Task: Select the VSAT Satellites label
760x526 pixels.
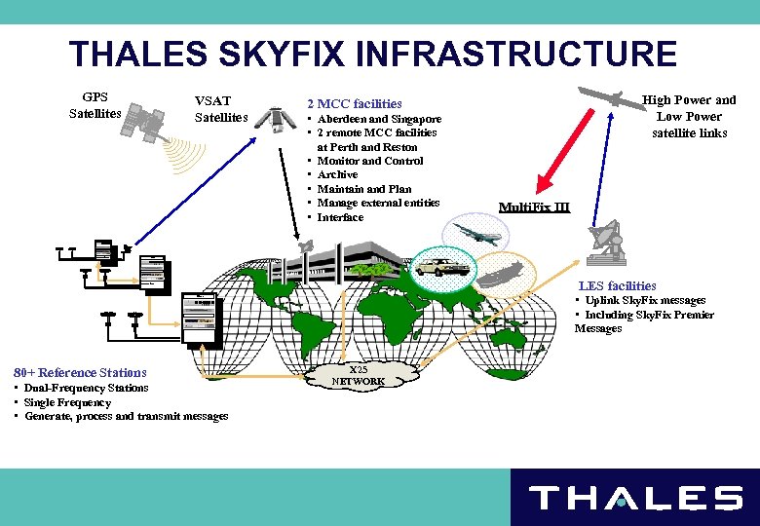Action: [x=221, y=109]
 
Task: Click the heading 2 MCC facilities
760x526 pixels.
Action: [x=354, y=103]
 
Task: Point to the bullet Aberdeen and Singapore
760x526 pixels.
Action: [x=379, y=119]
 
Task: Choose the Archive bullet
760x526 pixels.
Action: [x=337, y=175]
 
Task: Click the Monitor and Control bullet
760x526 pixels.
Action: [x=370, y=161]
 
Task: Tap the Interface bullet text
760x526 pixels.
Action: [x=340, y=217]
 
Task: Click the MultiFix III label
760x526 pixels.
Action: [x=534, y=207]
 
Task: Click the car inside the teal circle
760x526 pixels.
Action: [x=442, y=265]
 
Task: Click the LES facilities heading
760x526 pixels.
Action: [x=617, y=286]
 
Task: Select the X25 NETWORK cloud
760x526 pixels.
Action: [x=358, y=376]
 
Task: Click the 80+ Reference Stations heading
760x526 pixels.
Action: [x=80, y=373]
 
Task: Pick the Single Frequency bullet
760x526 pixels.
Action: [x=67, y=402]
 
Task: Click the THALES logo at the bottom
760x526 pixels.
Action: [x=635, y=499]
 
